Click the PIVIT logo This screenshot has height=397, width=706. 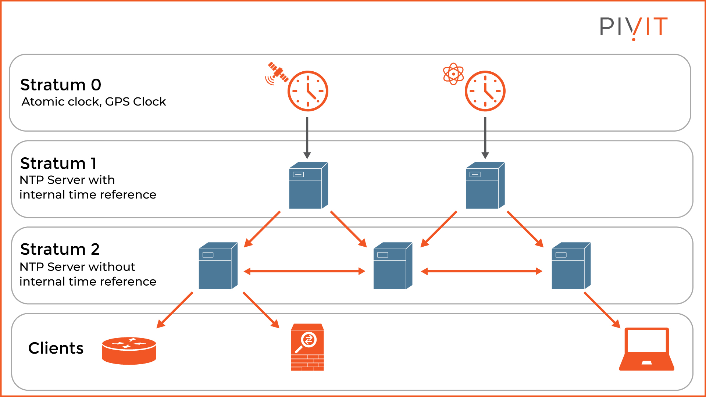634,27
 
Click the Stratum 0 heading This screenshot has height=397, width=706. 61,85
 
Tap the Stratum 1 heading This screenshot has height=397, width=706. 58,163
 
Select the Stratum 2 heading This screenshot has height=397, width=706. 60,249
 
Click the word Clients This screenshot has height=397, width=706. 56,348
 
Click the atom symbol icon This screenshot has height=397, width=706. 453,74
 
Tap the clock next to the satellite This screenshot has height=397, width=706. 308,91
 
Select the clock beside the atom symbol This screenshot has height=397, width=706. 485,91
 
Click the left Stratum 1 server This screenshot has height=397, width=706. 308,186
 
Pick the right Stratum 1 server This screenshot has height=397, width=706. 485,186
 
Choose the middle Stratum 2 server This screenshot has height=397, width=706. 393,266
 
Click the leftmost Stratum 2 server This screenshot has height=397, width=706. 218,266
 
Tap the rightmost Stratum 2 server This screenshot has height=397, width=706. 571,266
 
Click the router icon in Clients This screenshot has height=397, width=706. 129,351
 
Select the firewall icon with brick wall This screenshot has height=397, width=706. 307,347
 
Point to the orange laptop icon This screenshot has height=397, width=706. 646,349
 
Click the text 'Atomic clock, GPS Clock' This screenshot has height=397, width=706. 94,102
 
